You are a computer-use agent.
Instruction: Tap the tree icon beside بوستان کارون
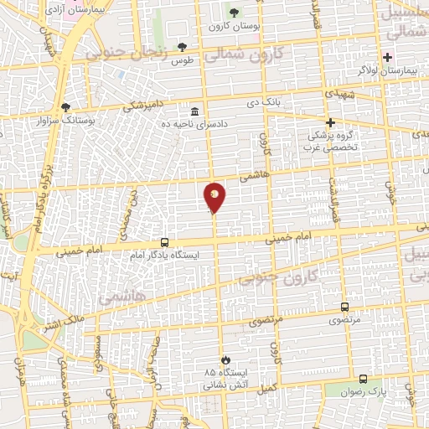pos(234,13)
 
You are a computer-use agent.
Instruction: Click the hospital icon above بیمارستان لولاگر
pos(387,57)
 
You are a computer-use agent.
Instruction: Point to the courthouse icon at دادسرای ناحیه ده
pos(194,112)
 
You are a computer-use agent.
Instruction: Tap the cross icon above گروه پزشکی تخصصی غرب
pos(330,122)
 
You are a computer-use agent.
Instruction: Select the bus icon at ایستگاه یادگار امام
pos(164,243)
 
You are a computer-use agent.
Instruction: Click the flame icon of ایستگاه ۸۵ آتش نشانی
pos(224,359)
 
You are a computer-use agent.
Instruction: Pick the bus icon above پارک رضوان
pos(362,379)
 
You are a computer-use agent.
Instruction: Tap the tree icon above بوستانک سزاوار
pos(66,107)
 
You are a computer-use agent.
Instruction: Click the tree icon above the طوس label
pos(182,48)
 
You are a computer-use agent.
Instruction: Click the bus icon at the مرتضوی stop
pos(344,308)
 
